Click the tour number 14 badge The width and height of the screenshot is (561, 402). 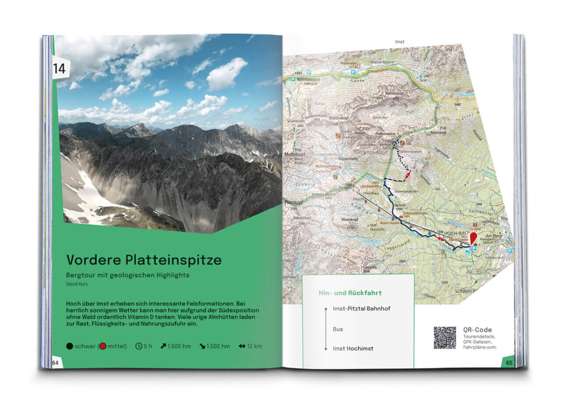tap(60, 68)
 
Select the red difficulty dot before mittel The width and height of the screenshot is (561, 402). tap(103, 346)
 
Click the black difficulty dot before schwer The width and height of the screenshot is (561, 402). tap(70, 346)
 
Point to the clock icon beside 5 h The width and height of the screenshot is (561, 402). tap(139, 346)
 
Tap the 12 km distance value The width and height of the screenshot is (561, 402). tap(254, 346)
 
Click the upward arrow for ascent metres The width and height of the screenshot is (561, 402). tap(163, 346)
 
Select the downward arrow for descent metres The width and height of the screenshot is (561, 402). tap(202, 346)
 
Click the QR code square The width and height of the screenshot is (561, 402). tap(445, 338)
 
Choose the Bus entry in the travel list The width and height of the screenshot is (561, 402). tap(337, 329)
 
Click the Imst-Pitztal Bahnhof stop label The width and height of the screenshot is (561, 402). tap(362, 309)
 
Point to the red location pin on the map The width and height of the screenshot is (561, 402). tap(473, 238)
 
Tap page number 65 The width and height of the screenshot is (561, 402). tap(509, 363)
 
